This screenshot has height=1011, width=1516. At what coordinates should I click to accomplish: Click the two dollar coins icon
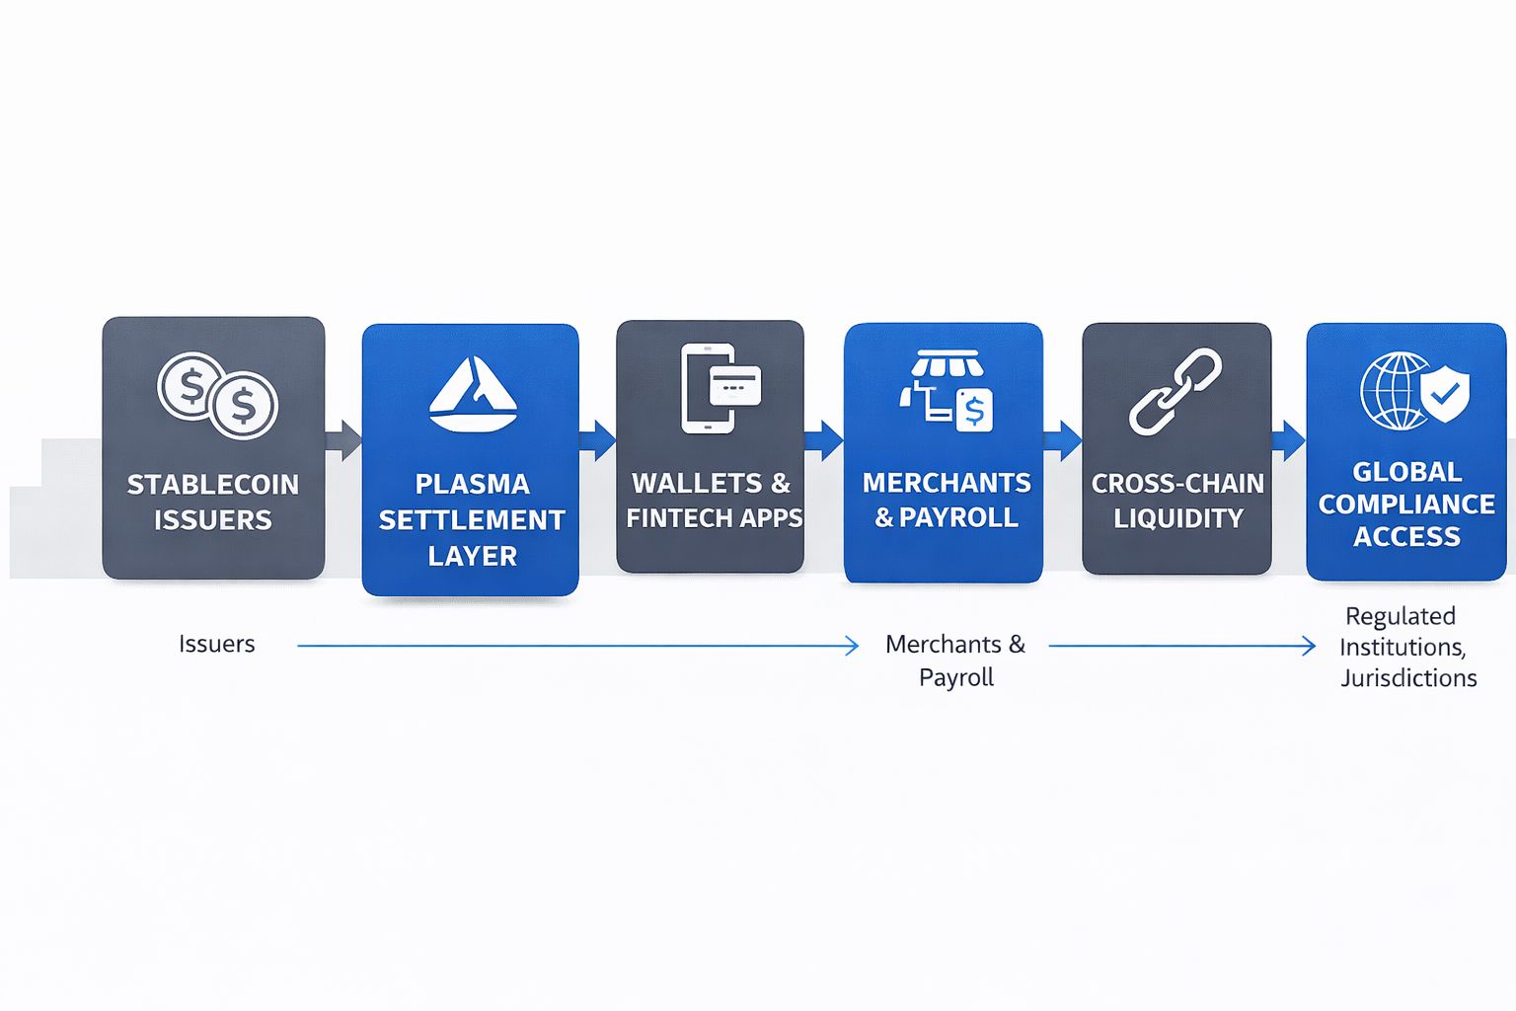(218, 396)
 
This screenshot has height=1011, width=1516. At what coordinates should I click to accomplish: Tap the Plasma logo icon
(473, 394)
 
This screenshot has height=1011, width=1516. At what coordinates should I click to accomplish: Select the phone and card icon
(720, 388)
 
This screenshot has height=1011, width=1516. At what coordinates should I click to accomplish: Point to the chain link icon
(1175, 391)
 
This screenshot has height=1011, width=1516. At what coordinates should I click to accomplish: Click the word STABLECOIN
(213, 484)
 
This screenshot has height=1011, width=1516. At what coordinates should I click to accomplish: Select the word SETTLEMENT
(472, 520)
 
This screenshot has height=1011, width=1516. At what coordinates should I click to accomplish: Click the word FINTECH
(672, 518)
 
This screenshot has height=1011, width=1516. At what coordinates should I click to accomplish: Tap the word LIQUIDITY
(1178, 518)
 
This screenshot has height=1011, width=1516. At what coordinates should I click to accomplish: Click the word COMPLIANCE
(1406, 505)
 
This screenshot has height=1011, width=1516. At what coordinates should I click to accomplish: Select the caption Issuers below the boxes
(216, 644)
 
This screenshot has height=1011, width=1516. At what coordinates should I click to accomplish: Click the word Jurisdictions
(1408, 678)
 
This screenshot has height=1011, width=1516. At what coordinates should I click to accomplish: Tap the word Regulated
(1401, 616)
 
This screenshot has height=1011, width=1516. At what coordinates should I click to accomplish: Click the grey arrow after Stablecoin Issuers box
(343, 440)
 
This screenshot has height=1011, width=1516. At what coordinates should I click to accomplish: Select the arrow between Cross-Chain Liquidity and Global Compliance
(1289, 440)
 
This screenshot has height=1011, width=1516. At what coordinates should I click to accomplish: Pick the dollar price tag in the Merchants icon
(974, 411)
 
